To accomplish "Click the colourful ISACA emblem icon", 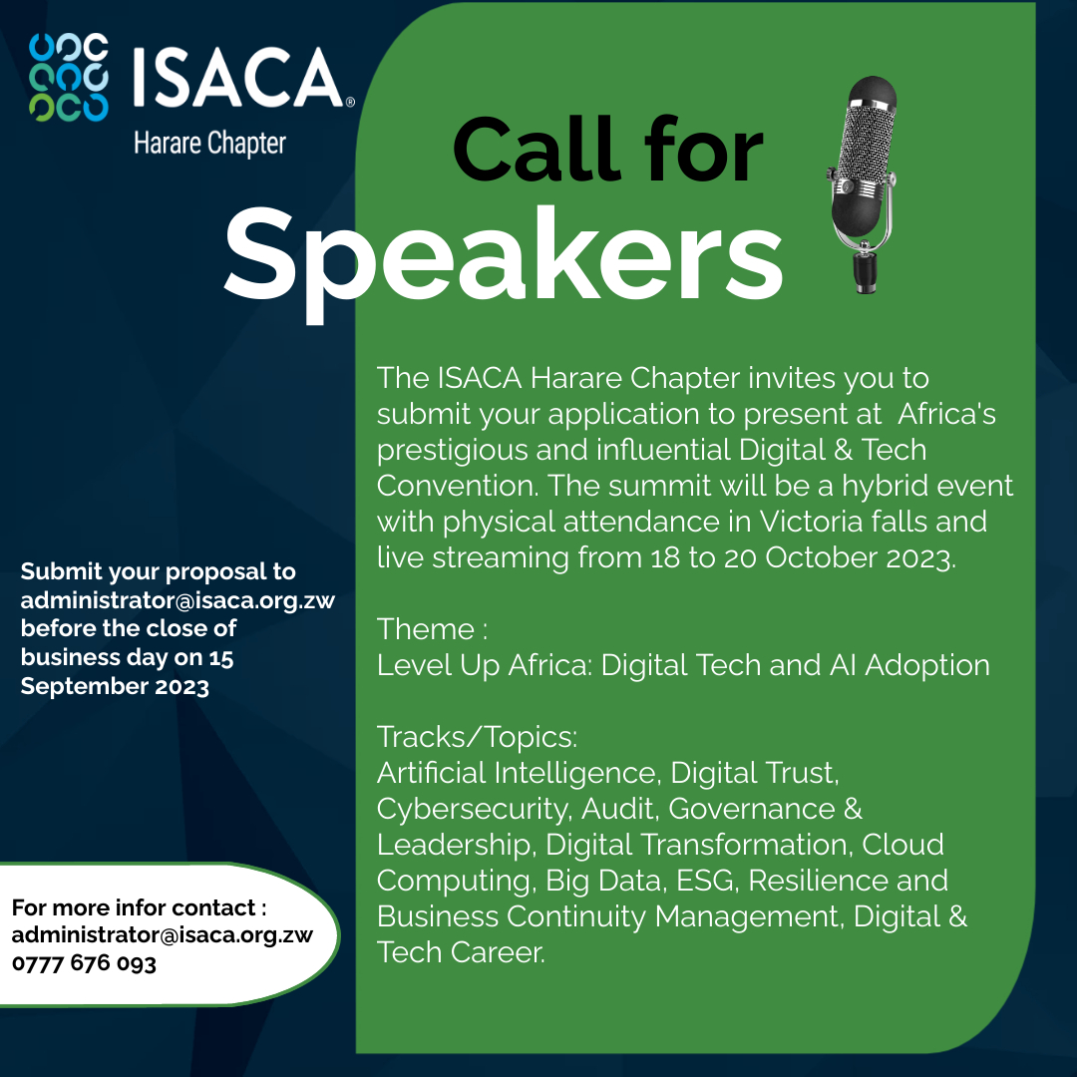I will click(x=69, y=77).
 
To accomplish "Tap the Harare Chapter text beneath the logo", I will click(x=209, y=143).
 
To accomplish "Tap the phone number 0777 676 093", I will click(x=84, y=963).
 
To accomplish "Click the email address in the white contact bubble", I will click(x=163, y=935).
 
